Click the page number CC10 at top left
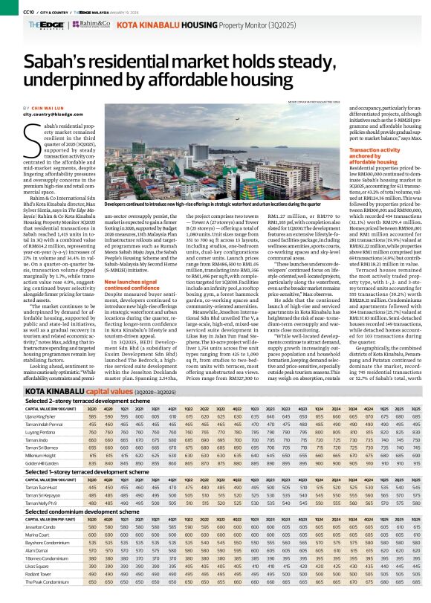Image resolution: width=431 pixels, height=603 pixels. click(10, 10)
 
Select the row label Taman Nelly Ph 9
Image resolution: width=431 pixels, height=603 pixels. click(24, 503)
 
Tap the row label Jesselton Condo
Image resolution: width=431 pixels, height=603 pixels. click(24, 526)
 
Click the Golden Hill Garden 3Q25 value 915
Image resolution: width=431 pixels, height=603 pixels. click(423, 462)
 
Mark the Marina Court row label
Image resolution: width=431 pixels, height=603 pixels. click(19, 533)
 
